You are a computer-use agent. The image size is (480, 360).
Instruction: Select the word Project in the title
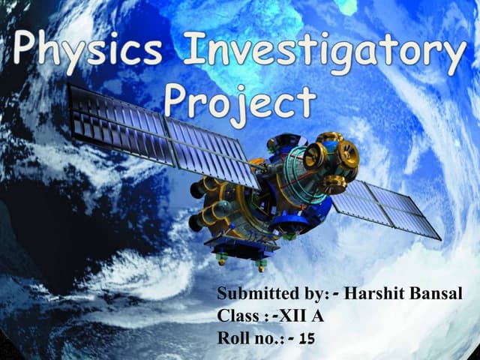239,100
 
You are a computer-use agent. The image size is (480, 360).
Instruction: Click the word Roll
231,338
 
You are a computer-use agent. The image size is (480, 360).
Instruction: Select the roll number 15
305,339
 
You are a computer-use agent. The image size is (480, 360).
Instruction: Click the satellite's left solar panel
161,135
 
